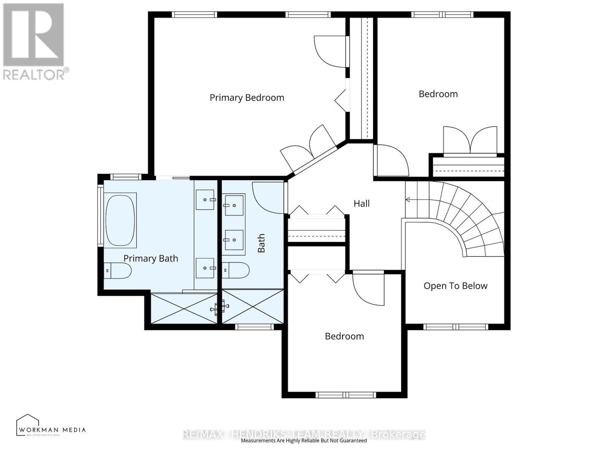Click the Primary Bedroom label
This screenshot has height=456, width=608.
(x=247, y=98)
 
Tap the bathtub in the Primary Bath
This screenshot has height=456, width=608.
(x=120, y=221)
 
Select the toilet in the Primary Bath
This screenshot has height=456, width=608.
(x=118, y=271)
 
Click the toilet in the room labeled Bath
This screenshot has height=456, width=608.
(x=236, y=270)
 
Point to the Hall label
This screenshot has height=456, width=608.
(x=361, y=204)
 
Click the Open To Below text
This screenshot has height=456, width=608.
(x=455, y=286)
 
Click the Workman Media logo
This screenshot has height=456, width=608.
(x=51, y=426)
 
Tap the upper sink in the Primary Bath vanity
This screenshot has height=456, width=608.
(x=205, y=199)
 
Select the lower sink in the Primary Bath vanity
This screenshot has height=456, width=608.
(x=205, y=268)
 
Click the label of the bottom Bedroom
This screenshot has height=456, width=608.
(x=344, y=336)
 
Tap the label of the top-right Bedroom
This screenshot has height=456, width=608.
(x=438, y=94)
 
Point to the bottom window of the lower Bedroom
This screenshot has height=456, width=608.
(x=346, y=395)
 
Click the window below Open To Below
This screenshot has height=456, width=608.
(x=455, y=327)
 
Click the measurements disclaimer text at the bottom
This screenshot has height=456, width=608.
(x=304, y=441)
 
